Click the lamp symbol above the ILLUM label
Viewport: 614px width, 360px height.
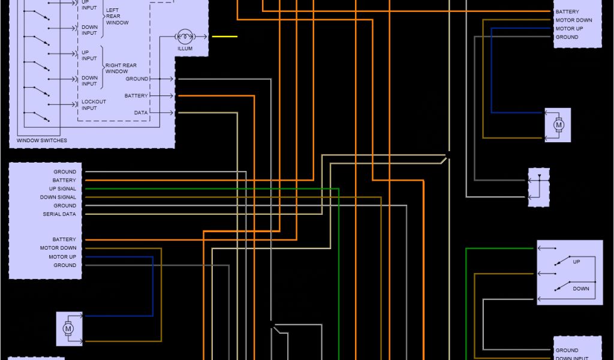[185, 37]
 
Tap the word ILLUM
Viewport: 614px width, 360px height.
[185, 49]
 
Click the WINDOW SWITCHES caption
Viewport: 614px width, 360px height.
[42, 140]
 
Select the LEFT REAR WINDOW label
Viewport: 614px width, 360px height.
[116, 17]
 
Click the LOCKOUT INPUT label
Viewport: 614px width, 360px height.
[94, 105]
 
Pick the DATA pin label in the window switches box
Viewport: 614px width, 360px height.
[141, 112]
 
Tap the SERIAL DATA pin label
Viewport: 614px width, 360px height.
[59, 214]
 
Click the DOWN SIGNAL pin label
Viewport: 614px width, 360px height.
[58, 197]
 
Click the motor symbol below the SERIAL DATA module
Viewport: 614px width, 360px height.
[68, 329]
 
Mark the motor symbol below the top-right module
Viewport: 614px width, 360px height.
[558, 125]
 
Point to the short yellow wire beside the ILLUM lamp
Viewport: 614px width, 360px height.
[224, 37]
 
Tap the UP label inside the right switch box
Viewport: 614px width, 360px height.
[576, 262]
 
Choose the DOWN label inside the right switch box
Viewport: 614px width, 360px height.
[580, 289]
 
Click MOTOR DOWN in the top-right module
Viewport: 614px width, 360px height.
[573, 20]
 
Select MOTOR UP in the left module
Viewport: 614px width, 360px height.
[62, 257]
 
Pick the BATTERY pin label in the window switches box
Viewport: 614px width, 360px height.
[136, 96]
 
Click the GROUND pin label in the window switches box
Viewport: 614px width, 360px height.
[137, 79]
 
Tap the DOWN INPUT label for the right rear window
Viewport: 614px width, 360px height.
[89, 80]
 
